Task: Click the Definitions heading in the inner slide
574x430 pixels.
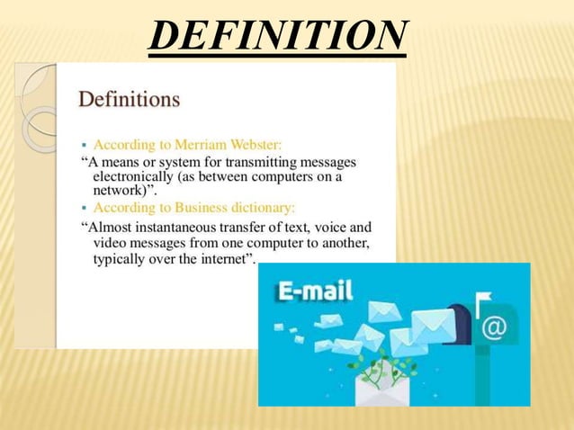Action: coord(130,97)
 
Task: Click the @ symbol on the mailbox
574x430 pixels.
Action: coord(494,327)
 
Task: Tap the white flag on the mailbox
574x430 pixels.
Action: coord(483,297)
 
